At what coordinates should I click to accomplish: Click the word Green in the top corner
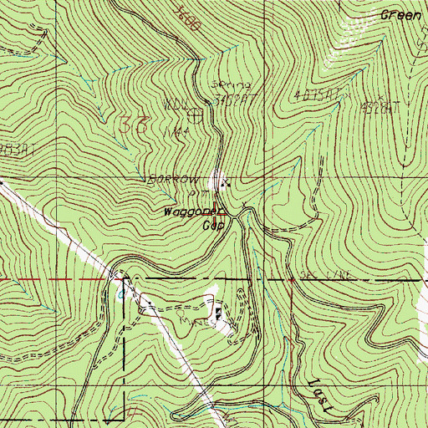(400, 14)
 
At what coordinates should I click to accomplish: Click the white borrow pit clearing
(219, 178)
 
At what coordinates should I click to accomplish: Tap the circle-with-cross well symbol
(196, 111)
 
